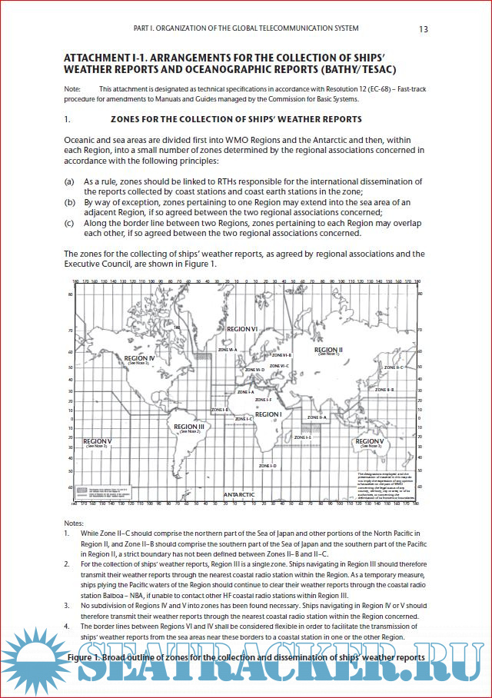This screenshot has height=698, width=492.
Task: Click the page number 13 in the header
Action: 424,29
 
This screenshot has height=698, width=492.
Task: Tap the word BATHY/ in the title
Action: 337,71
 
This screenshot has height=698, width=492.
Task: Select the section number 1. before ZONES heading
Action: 68,120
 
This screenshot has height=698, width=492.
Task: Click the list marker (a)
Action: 69,181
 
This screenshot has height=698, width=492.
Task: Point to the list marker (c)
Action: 69,223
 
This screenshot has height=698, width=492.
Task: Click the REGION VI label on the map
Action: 241,329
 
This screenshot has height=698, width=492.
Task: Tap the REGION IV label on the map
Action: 140,358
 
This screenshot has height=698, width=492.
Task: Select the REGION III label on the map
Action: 189,427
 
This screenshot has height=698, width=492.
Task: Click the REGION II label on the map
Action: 328,350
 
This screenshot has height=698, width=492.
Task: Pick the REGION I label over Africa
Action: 268,414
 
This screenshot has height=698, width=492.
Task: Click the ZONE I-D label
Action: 268,466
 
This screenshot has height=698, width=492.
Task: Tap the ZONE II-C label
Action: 393,367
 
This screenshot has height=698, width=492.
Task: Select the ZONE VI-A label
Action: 227,349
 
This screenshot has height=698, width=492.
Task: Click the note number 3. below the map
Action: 67,605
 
